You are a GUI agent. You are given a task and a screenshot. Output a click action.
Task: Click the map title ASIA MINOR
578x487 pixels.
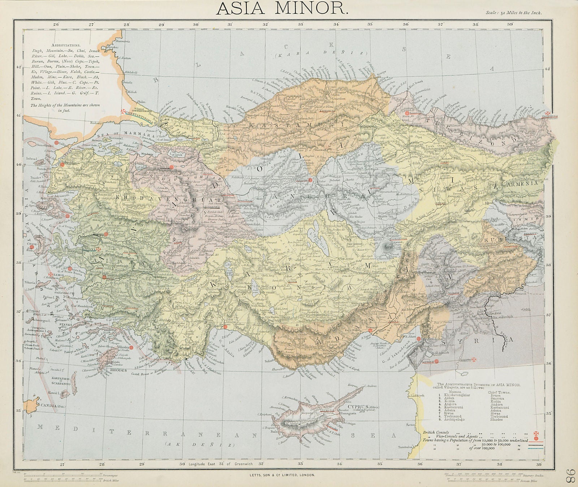(282, 8)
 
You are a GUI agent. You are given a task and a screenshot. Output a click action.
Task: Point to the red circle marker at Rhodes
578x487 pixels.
(131, 347)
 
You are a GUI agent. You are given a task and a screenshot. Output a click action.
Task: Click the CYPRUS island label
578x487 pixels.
(358, 406)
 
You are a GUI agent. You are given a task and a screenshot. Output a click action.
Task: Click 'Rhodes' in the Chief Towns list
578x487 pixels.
(496, 419)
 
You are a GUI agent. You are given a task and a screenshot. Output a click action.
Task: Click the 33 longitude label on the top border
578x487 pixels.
(301, 24)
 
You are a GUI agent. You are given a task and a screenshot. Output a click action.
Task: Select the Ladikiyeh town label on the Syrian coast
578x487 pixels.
(416, 396)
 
